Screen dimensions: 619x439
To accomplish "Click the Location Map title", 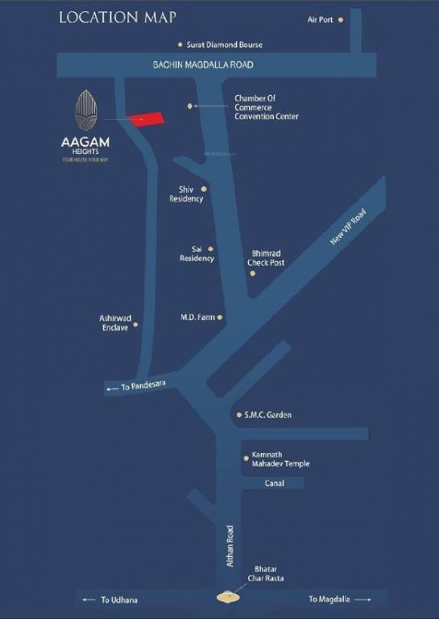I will (118, 17).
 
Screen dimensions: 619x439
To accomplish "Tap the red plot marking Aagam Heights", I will (147, 118).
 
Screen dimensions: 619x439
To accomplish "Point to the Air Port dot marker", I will (340, 19).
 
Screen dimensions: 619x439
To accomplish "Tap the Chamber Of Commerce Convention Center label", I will (266, 107).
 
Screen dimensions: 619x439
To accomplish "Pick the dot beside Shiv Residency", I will (204, 189).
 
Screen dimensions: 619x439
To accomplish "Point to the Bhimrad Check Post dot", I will (252, 273).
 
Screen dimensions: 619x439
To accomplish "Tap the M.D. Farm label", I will (197, 318).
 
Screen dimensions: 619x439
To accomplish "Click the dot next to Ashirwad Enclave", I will (135, 325).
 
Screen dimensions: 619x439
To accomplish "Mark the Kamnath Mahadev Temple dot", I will (246, 457).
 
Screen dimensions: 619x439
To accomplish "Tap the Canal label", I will (275, 484).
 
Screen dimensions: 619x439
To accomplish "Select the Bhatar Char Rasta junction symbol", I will (229, 597).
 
